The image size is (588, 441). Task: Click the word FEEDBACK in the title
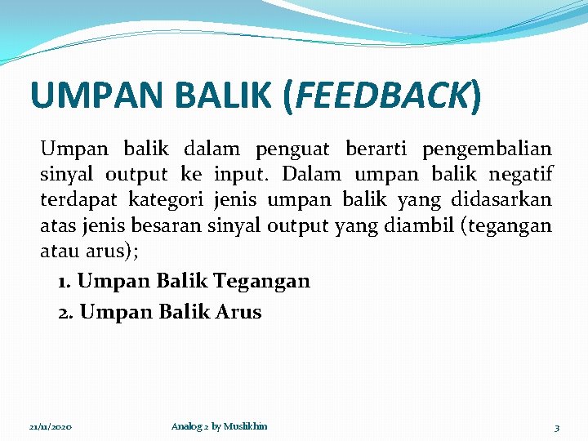point(382,96)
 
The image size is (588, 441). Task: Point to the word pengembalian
point(487,149)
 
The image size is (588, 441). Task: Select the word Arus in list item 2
point(238,312)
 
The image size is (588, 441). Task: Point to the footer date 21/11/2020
point(50,427)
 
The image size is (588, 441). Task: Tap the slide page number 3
point(556,427)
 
